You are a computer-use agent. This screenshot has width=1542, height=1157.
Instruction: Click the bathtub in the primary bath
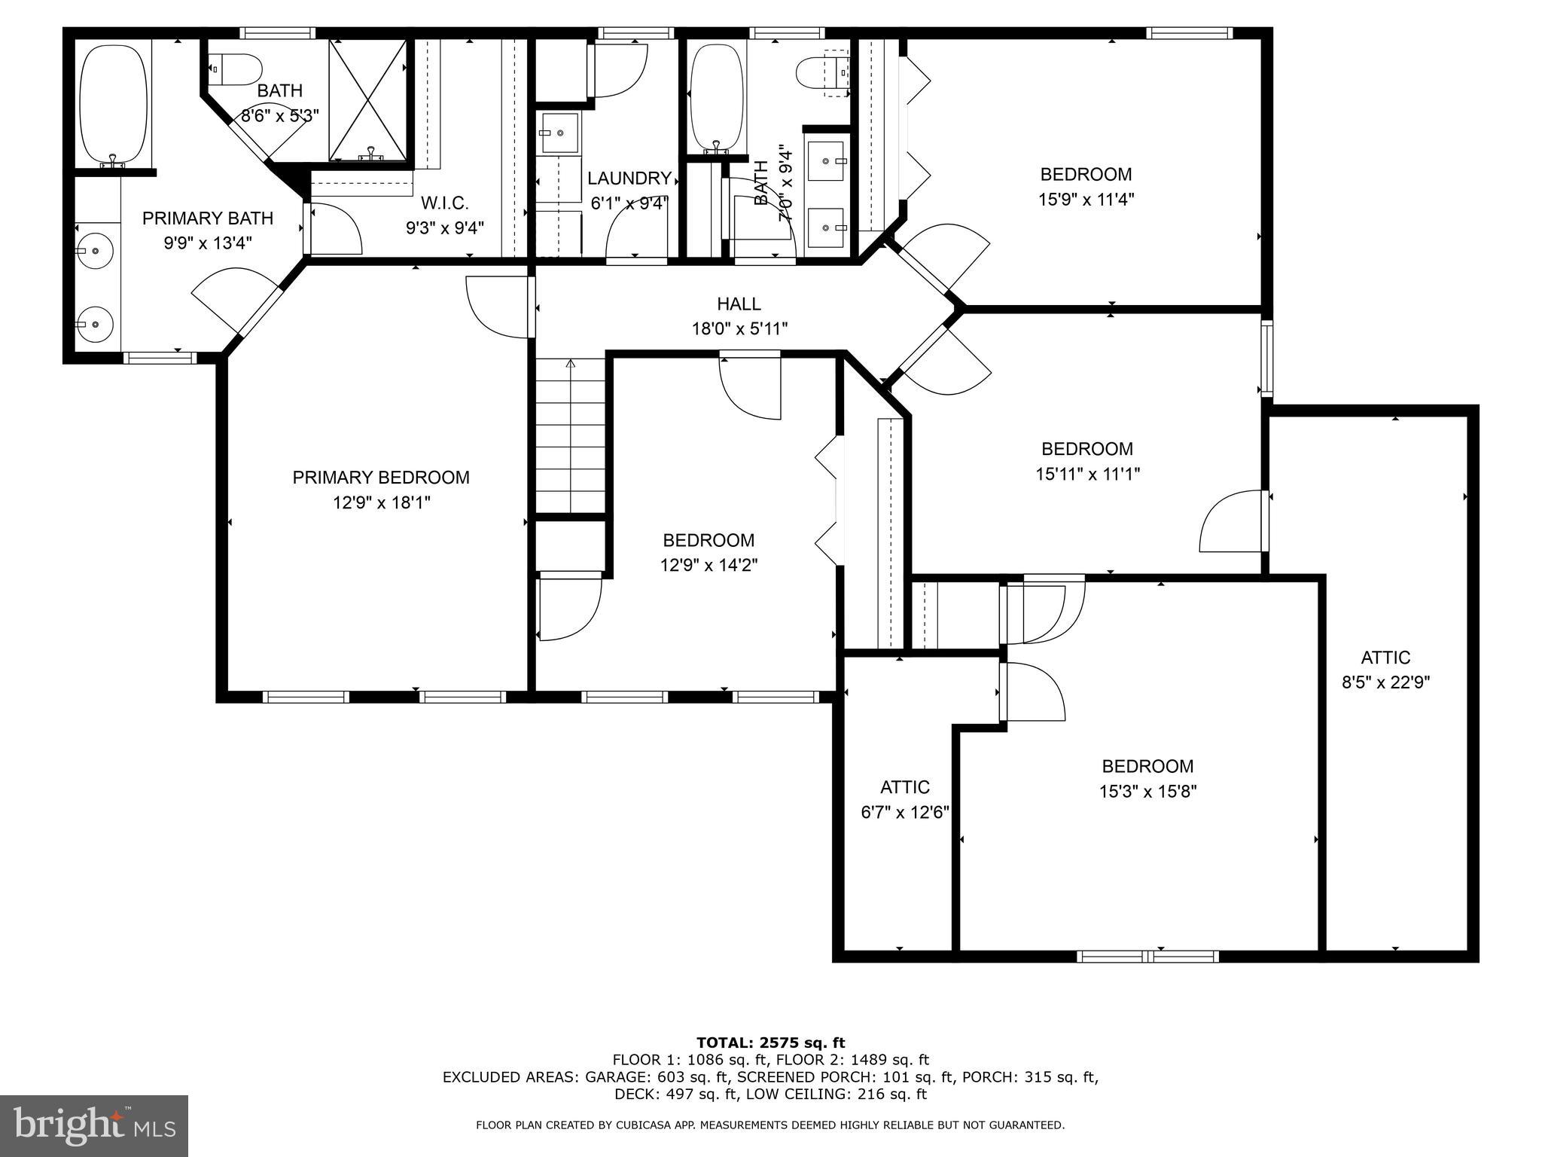pos(113,105)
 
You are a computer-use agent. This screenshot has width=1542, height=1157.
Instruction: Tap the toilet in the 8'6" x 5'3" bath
pos(235,69)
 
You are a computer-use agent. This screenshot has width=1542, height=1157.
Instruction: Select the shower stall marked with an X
pos(367,99)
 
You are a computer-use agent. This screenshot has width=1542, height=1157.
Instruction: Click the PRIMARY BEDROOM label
pos(381,478)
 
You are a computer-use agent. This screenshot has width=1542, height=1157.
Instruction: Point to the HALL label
pos(739,304)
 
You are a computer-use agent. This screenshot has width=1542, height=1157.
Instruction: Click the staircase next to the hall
pos(570,437)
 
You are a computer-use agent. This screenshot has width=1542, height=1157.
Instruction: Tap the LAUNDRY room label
pos(629,179)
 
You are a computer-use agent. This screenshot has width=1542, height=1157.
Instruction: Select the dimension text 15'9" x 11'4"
pos(1086,200)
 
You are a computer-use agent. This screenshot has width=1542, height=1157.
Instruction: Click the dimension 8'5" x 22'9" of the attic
pos(1385,682)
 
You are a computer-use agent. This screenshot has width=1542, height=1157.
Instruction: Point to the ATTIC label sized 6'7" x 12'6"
pos(905,787)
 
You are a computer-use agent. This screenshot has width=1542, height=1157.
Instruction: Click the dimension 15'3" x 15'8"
pos(1147,792)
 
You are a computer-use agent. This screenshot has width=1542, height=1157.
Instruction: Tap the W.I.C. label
pos(444,203)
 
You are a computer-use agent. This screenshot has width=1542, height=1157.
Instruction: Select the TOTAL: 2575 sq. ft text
pos(770,1043)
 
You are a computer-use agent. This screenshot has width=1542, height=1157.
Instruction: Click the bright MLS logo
pos(94,1125)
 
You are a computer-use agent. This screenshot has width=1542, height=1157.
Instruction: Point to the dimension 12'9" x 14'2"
pos(709,566)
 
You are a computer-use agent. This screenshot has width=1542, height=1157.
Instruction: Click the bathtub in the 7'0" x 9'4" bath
pos(717,96)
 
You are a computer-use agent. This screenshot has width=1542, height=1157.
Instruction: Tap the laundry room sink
pos(558,133)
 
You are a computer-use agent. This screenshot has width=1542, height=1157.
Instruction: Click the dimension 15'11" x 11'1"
pos(1087,475)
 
